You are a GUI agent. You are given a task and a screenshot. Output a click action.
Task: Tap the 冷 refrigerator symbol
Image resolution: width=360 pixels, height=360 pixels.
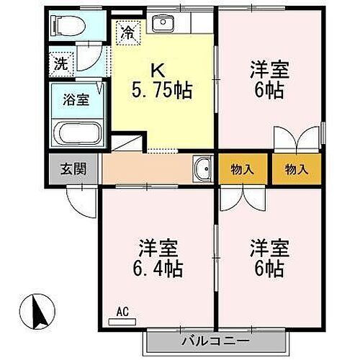127,32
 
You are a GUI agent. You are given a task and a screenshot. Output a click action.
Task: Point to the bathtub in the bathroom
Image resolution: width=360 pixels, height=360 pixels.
78,134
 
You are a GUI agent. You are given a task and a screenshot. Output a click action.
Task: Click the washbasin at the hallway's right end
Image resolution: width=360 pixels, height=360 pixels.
202,169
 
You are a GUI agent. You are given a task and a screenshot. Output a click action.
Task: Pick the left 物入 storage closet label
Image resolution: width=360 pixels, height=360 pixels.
242,170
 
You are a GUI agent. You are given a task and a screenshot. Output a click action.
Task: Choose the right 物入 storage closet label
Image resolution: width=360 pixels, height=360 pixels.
296,170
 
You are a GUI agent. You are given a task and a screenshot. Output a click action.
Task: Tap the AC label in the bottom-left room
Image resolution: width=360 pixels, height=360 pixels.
122,312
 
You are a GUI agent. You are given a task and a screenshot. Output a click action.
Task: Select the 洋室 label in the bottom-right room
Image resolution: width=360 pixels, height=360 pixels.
269,248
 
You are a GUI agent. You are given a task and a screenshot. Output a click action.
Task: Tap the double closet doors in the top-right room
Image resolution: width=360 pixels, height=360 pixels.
296,140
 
